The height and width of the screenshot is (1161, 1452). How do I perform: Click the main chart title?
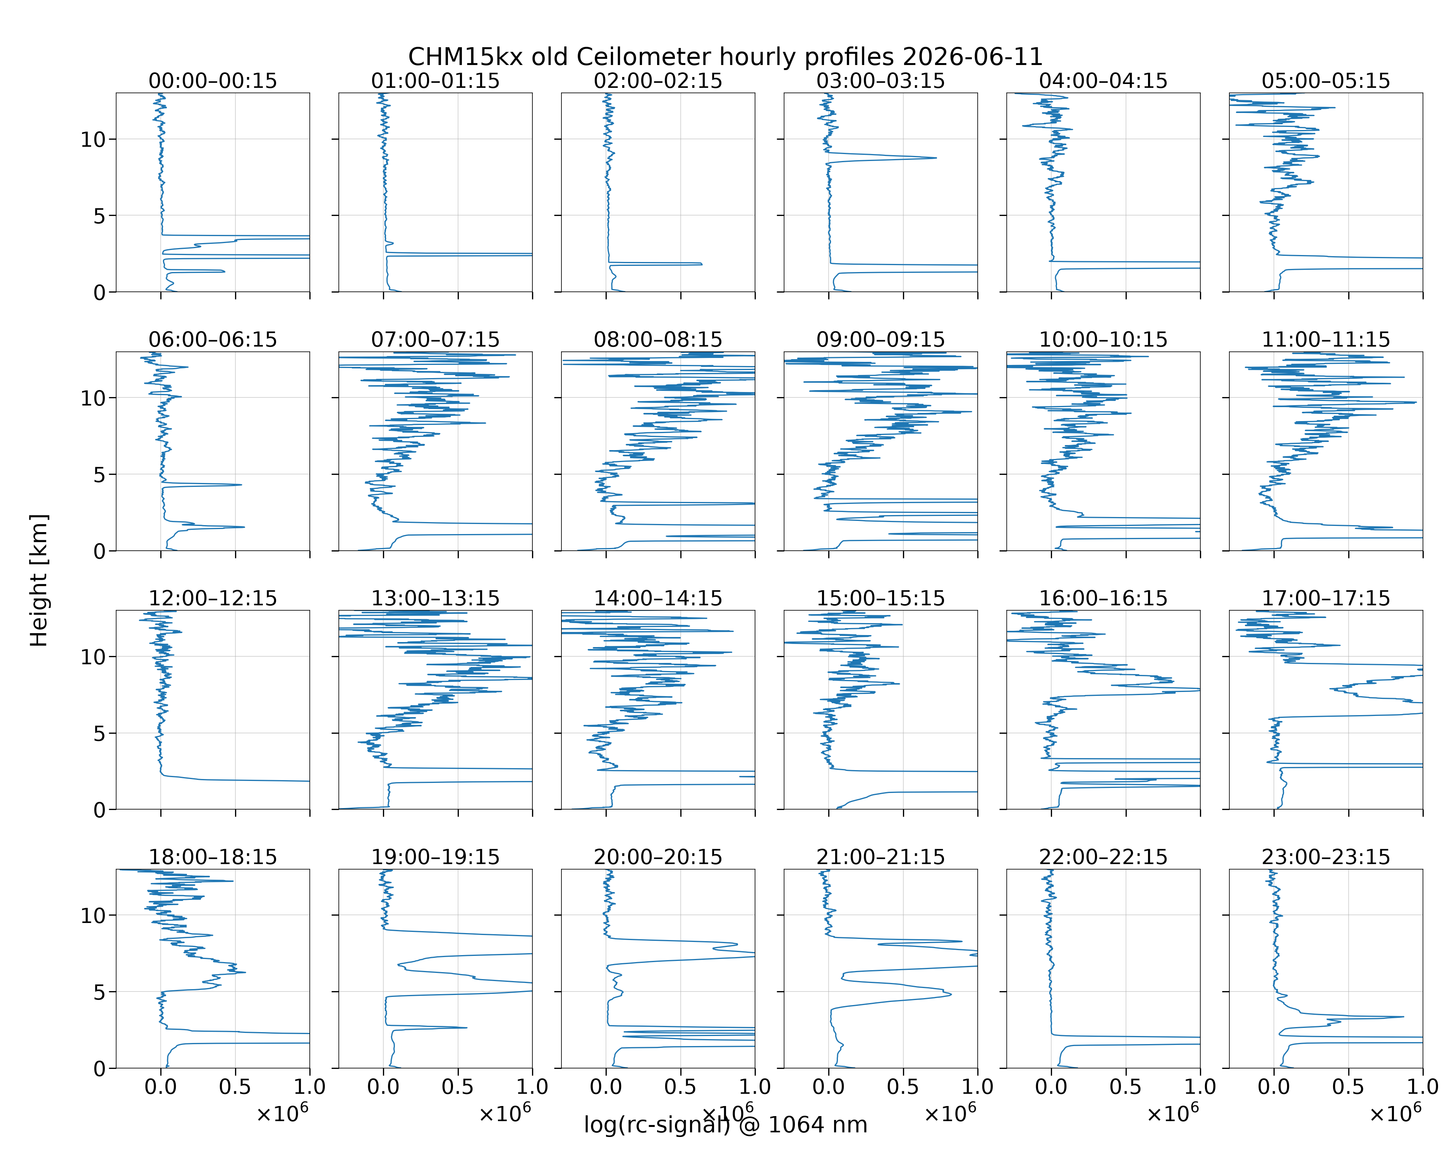tap(725, 57)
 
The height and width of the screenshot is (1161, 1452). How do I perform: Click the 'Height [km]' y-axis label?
tap(39, 580)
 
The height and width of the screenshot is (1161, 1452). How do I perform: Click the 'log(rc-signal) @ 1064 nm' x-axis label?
tap(725, 1125)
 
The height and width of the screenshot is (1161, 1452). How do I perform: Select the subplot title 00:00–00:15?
tap(213, 81)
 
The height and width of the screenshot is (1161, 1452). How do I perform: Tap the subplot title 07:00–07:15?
tap(436, 339)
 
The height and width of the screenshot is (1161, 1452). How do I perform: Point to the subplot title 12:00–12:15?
tap(213, 598)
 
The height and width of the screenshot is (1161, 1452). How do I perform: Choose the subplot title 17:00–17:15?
tap(1326, 598)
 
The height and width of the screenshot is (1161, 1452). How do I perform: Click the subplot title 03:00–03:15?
tap(881, 81)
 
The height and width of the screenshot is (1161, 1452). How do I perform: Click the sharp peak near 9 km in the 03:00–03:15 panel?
tap(935, 158)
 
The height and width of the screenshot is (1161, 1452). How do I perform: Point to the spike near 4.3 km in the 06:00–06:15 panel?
tap(240, 485)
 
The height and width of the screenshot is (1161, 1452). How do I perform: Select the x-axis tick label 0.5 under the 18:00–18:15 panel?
tap(235, 1086)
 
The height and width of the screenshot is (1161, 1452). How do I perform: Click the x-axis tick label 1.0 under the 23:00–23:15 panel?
tap(1422, 1086)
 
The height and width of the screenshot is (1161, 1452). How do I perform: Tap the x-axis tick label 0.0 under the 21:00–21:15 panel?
tap(828, 1086)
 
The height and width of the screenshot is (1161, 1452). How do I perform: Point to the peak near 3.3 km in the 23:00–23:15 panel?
tap(1403, 1017)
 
